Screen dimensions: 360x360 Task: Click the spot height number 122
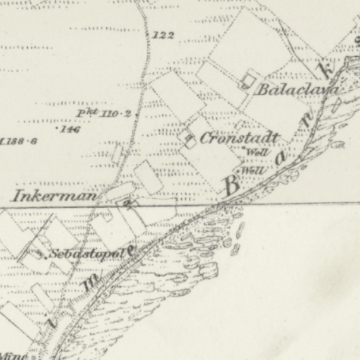coord(163,35)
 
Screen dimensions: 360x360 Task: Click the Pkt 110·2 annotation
coord(104,114)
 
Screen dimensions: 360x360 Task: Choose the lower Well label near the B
coord(252,171)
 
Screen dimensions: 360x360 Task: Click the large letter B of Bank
coord(232,185)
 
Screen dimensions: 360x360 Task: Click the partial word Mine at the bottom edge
coord(13,356)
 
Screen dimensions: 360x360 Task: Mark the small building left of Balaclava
coord(248,80)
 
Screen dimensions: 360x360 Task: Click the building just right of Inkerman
coord(129,203)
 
